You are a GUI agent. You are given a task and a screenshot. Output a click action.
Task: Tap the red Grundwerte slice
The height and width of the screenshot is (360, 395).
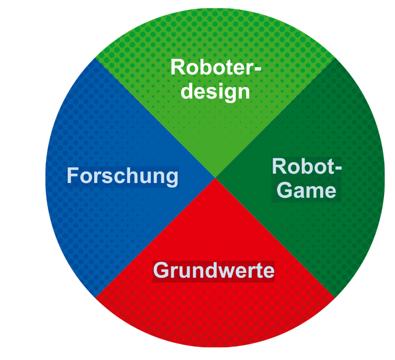(x=215, y=309)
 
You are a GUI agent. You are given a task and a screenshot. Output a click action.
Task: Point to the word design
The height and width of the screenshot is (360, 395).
(x=215, y=91)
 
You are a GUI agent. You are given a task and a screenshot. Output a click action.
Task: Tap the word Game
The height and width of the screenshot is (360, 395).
(x=306, y=190)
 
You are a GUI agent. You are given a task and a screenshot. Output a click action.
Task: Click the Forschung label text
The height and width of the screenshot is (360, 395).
(x=122, y=176)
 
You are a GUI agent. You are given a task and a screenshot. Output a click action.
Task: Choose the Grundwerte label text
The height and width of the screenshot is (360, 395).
(x=214, y=271)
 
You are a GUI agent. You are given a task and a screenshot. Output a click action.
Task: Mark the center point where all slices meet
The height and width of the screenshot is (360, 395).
(x=215, y=178)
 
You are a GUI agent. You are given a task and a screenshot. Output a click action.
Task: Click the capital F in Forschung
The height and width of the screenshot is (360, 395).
(x=73, y=176)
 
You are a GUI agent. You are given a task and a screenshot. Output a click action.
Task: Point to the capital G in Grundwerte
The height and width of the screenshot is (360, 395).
(x=161, y=271)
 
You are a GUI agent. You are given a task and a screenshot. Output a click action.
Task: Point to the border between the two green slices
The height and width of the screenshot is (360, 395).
(x=275, y=117)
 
